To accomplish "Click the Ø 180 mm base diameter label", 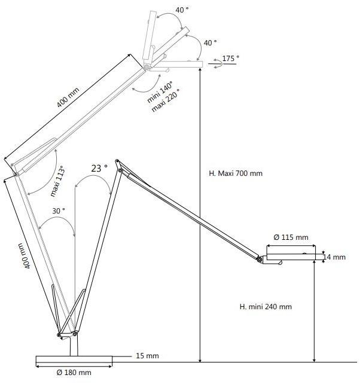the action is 74,373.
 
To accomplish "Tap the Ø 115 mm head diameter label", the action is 291,237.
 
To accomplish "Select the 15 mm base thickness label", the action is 147,356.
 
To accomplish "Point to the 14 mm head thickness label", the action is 334,257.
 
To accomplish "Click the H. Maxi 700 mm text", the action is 236,173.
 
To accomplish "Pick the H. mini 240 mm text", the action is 266,307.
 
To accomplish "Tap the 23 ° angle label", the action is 99,169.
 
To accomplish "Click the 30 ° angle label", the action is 59,211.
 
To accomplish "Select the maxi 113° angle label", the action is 58,181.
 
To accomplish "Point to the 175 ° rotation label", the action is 231,59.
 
